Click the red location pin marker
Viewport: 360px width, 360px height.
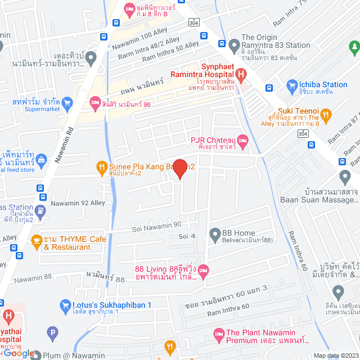[179, 168]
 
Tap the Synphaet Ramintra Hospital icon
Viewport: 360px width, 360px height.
[241, 74]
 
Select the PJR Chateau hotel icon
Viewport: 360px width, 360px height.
[242, 139]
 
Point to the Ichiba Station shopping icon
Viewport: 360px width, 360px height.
[291, 85]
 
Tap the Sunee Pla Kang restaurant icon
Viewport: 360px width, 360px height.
[101, 166]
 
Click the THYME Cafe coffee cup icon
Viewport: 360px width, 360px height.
[37, 240]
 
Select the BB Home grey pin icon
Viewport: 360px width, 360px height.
[214, 233]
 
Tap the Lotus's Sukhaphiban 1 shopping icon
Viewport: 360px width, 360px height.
[65, 305]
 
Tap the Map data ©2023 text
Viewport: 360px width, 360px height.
[335, 355]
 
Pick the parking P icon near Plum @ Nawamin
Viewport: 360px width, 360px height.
[53, 333]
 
